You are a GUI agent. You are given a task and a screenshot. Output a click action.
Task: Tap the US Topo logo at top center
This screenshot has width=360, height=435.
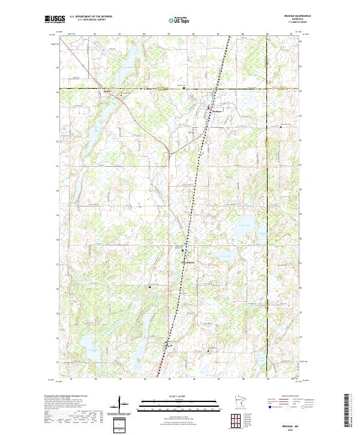click(178, 20)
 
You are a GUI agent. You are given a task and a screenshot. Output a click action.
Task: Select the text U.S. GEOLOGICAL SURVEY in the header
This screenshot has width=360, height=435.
click(91, 20)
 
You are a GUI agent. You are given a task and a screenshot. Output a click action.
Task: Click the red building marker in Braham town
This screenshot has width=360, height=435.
click(208, 108)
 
